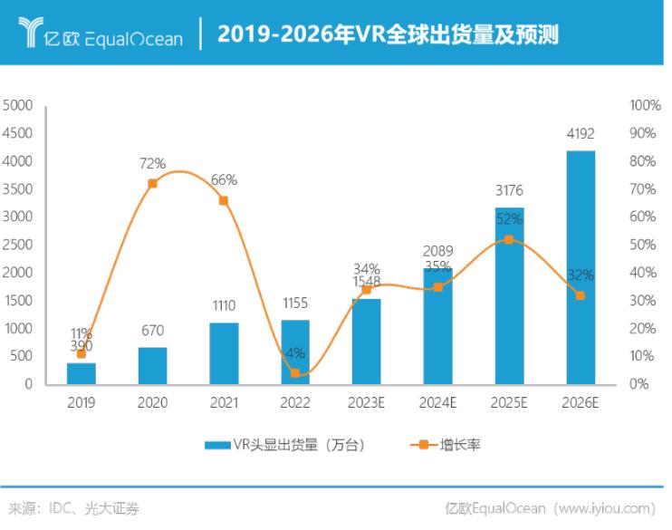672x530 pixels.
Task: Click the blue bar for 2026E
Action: [x=581, y=267]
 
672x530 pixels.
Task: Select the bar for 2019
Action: [x=81, y=372]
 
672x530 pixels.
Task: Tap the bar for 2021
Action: [x=224, y=352]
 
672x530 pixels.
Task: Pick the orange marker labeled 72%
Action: [x=152, y=183]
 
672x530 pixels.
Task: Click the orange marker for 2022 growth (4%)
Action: [x=295, y=372]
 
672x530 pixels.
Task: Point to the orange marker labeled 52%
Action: [x=509, y=239]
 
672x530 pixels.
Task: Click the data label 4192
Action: [x=581, y=135]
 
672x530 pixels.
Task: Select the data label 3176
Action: [x=509, y=191]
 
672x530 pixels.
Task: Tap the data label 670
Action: [x=152, y=332]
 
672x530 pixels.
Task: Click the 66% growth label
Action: [x=224, y=180]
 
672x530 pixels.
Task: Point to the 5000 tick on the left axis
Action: [x=19, y=105]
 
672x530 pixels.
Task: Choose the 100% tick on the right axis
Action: [x=644, y=105]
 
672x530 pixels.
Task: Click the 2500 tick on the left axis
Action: [x=19, y=245]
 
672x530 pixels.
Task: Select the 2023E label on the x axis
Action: [x=366, y=400]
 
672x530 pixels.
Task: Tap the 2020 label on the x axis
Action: [x=152, y=400]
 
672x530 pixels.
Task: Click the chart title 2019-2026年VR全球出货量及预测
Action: [x=388, y=34]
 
